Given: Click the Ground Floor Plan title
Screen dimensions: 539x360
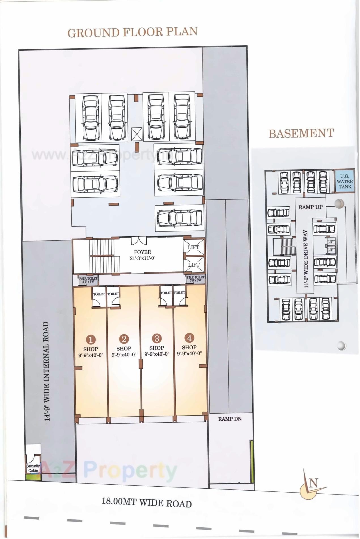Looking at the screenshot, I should click(x=133, y=32).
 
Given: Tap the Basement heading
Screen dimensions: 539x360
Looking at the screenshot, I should click(x=301, y=133).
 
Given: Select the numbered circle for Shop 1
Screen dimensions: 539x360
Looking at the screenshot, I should click(x=91, y=339).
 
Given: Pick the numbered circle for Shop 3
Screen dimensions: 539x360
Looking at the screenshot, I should click(x=157, y=338).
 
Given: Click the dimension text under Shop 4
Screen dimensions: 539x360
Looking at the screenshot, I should click(x=189, y=354).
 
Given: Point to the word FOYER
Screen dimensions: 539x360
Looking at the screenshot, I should click(x=142, y=252).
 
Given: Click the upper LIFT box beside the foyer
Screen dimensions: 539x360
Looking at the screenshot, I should click(x=194, y=247).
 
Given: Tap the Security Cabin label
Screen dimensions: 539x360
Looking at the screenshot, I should click(x=33, y=468).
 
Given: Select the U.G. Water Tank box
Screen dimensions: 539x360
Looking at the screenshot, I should click(x=345, y=181).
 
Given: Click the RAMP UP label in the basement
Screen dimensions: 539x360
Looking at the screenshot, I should click(x=310, y=207).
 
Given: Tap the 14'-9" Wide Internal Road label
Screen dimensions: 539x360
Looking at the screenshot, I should click(x=47, y=371).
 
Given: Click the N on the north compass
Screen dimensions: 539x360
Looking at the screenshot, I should click(x=314, y=483).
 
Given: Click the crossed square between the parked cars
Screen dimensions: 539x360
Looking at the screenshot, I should click(x=137, y=134).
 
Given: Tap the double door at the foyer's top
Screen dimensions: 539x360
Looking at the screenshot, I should click(x=139, y=241).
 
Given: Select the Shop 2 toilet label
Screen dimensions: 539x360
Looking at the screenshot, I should click(x=113, y=294).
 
